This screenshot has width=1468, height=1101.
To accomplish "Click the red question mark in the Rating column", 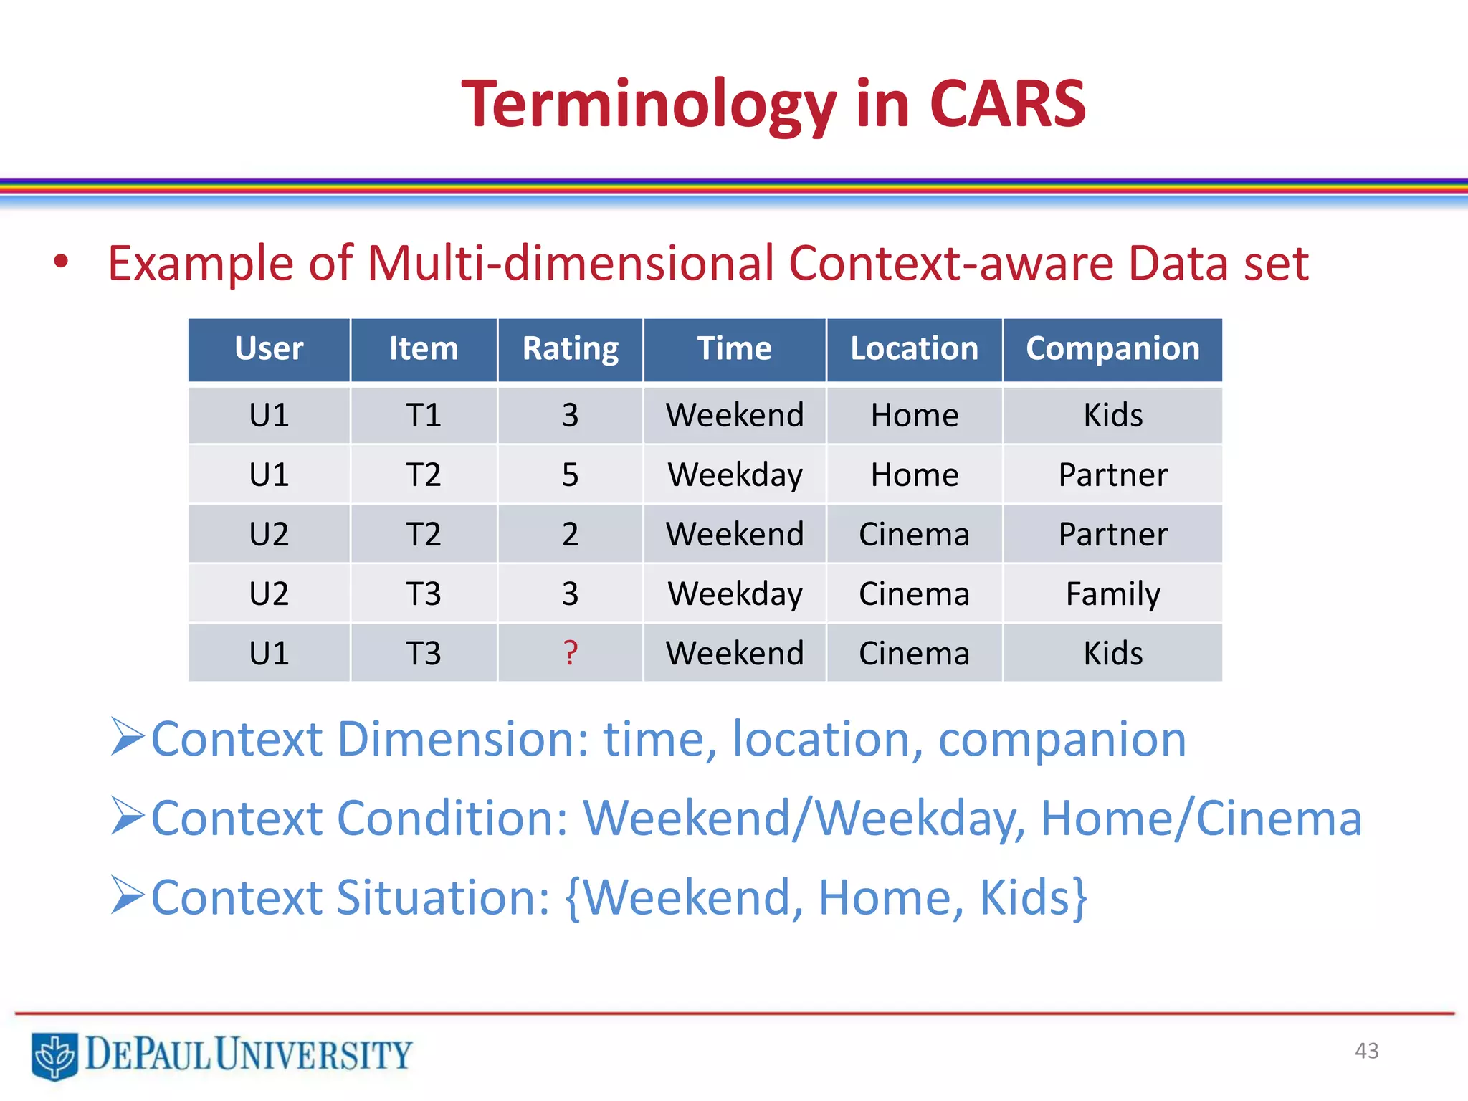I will pyautogui.click(x=570, y=652).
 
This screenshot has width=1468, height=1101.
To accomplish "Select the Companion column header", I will pyautogui.click(x=1112, y=349).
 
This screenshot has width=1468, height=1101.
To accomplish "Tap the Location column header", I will pyautogui.click(x=914, y=349).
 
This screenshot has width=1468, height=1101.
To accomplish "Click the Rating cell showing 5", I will pyautogui.click(x=570, y=475).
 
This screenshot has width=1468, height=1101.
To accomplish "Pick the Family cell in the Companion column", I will pyautogui.click(x=1112, y=594).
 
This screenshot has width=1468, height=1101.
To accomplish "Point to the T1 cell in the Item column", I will pyautogui.click(x=423, y=415).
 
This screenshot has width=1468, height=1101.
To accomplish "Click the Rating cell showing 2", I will pyautogui.click(x=570, y=534).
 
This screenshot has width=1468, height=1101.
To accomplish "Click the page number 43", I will pyautogui.click(x=1366, y=1051).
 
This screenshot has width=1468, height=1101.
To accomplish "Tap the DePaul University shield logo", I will pyautogui.click(x=54, y=1055).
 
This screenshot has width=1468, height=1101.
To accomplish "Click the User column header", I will pyautogui.click(x=269, y=349).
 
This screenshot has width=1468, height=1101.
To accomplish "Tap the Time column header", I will pyautogui.click(x=735, y=349).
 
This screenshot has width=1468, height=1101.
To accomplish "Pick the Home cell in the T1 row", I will pyautogui.click(x=914, y=415).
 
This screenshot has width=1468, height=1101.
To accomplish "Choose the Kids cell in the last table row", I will pyautogui.click(x=1112, y=652).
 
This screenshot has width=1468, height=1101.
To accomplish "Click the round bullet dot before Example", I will pyautogui.click(x=61, y=262).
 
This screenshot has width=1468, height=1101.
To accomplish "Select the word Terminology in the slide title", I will pyautogui.click(x=649, y=104).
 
